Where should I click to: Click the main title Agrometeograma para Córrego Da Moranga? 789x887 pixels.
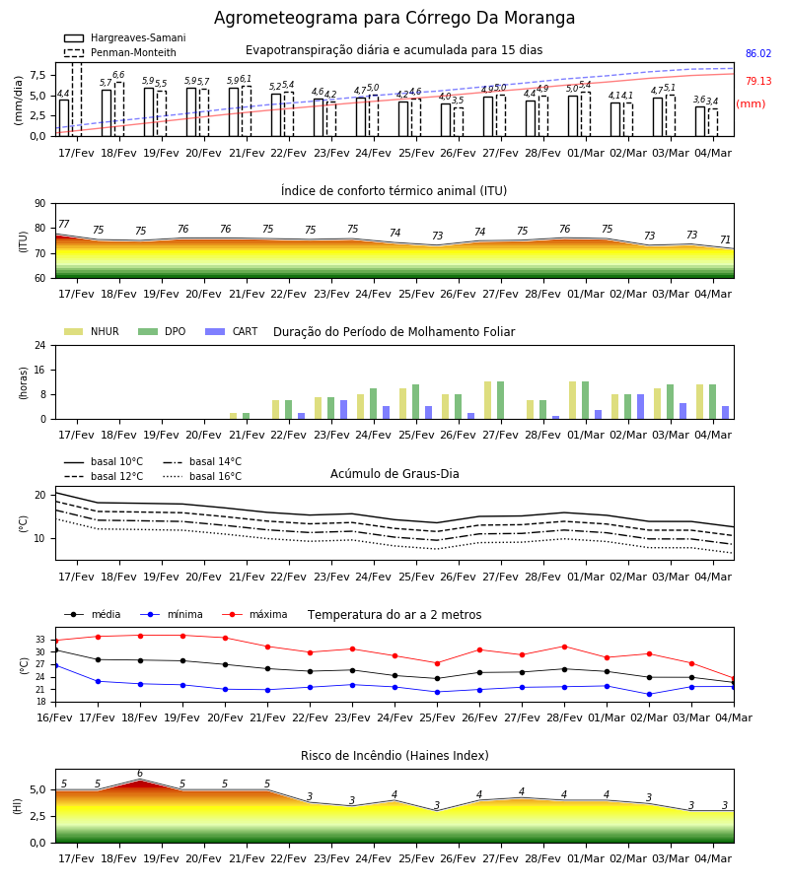[394, 18]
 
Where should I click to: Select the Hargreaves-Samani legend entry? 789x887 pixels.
[124, 37]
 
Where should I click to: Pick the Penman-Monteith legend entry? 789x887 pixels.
[120, 52]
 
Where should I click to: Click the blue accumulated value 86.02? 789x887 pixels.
[758, 54]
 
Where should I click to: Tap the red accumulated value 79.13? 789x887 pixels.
[758, 81]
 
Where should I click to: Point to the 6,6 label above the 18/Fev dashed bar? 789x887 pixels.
[118, 75]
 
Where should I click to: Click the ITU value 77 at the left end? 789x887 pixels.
[64, 224]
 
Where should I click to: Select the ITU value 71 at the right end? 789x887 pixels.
[725, 239]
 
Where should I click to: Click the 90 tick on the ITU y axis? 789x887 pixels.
[40, 204]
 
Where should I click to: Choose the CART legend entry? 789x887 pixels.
[232, 331]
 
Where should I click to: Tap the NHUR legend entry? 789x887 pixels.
[92, 331]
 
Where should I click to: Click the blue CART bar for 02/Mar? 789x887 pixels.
[640, 407]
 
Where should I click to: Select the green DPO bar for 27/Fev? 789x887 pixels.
[500, 400]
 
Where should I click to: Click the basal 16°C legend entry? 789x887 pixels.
[202, 476]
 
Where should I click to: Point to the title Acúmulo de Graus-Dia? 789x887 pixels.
[394, 474]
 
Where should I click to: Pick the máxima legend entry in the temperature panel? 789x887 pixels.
[254, 614]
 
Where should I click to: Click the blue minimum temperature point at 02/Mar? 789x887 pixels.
[649, 694]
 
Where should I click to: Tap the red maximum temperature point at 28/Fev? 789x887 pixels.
[564, 647]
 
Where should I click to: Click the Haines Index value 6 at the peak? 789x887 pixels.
[140, 774]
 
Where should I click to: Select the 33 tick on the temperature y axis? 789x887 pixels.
[40, 640]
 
